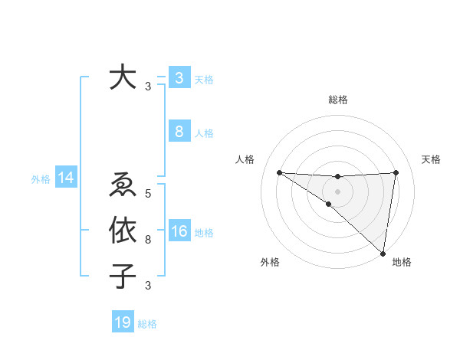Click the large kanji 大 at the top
point(123,79)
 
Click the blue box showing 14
point(65,178)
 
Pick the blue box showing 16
point(179,232)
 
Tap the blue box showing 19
point(123,322)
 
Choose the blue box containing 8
point(179,132)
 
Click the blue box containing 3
point(179,77)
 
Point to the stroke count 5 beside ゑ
point(148,193)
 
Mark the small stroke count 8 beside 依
point(148,240)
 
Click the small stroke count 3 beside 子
point(148,286)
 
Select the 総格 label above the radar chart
point(337,100)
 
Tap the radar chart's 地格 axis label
point(402,263)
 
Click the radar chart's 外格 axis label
point(270,263)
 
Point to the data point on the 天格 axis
point(396,172)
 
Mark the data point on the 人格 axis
point(279,172)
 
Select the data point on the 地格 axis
point(382,252)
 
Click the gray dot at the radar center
point(337,191)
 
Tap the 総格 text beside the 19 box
point(147,324)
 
